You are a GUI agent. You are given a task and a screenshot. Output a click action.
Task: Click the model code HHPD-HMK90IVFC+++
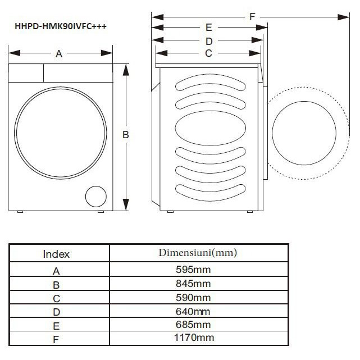[60, 26]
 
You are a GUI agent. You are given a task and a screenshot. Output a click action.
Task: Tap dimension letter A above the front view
[58, 54]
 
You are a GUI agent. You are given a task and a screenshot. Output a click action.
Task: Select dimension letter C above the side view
[208, 53]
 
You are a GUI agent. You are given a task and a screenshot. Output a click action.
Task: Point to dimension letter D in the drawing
[208, 41]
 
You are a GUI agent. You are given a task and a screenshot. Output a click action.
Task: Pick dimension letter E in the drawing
[208, 28]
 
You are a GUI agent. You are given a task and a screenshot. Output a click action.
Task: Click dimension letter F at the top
[252, 17]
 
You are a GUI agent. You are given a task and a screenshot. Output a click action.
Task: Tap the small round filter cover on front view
[95, 197]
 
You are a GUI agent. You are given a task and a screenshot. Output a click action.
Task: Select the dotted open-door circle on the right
[303, 135]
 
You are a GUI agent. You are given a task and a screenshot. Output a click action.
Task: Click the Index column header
[57, 254]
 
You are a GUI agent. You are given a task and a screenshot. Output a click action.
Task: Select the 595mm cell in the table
[193, 270]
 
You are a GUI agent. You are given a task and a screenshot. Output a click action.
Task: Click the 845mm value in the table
[193, 284]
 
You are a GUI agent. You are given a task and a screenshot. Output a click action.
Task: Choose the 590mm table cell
[193, 298]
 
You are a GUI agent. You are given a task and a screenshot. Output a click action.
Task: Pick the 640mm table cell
[193, 311]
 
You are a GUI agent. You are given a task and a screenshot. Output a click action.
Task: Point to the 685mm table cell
[193, 325]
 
